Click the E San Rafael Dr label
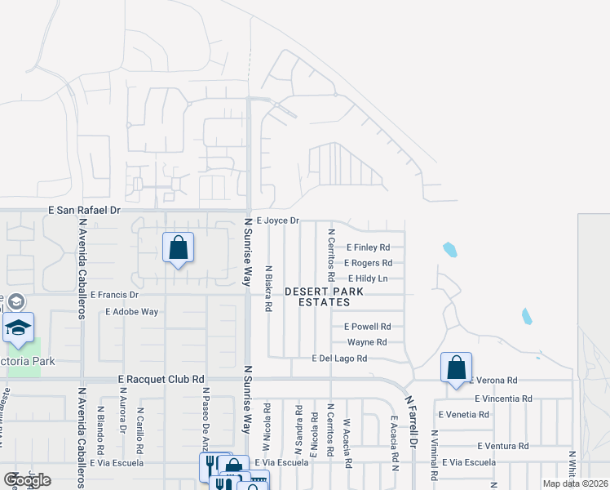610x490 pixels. click(x=84, y=210)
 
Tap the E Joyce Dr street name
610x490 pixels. click(x=278, y=220)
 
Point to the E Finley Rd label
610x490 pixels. click(x=368, y=247)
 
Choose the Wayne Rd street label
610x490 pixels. click(x=366, y=342)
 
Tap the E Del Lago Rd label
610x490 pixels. click(x=340, y=359)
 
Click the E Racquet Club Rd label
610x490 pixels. click(x=161, y=380)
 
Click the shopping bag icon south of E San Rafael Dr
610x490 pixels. click(x=179, y=247)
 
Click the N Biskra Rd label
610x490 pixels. click(x=267, y=288)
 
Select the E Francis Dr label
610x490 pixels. click(x=115, y=294)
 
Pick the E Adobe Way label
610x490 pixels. click(x=132, y=312)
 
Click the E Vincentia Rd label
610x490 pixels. click(x=503, y=399)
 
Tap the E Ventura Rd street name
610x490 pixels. click(x=502, y=446)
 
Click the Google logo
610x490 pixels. click(x=27, y=480)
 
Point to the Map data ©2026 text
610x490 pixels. click(x=574, y=483)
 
